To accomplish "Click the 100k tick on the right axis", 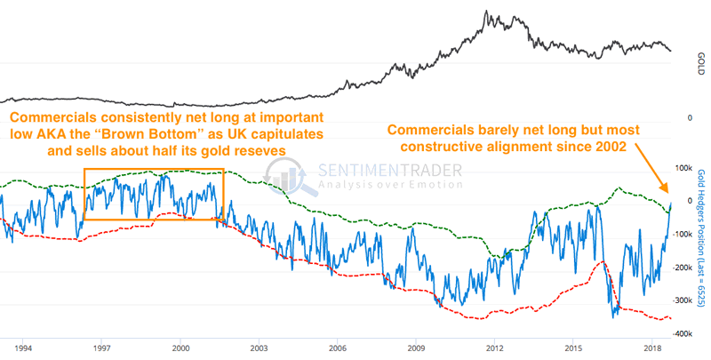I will click(x=685, y=168).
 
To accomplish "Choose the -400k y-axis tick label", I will click(x=683, y=334).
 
